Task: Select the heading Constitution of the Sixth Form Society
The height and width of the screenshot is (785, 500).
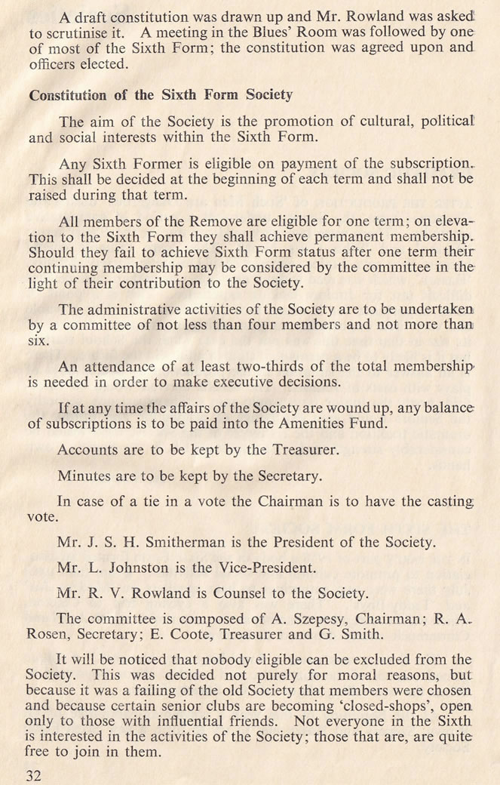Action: click(160, 96)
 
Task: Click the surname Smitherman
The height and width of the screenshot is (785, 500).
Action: click(192, 543)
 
